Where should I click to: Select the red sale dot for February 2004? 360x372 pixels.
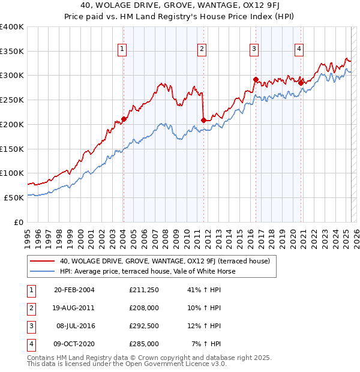point(124,119)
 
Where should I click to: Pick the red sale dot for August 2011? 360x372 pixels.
point(203,121)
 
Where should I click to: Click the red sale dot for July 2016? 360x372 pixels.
point(256,79)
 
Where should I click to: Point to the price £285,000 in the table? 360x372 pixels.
point(144,344)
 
